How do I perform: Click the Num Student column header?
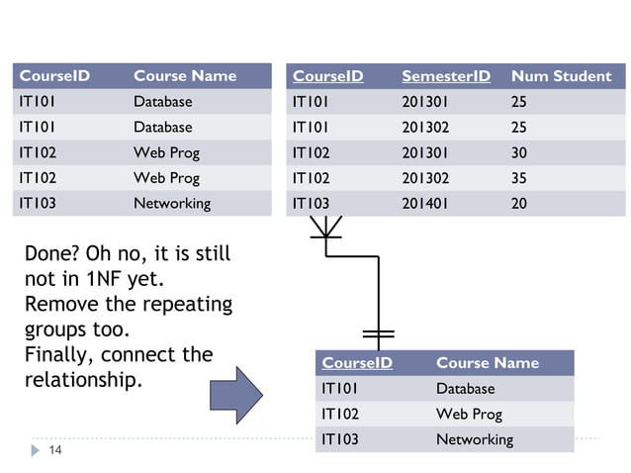tap(561, 76)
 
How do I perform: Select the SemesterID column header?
tap(445, 76)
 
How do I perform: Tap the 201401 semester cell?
tap(424, 204)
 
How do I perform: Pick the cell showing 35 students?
tap(519, 178)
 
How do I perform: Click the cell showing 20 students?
tap(519, 204)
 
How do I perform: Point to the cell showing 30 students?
tap(519, 152)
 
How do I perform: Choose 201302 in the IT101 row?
tap(424, 127)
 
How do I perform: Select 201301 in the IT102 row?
tap(424, 152)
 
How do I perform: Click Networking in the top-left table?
tap(172, 203)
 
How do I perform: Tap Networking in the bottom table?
tap(474, 439)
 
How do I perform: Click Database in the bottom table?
tap(465, 389)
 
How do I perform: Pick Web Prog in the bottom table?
tap(469, 414)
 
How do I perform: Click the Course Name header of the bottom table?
tap(487, 363)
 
